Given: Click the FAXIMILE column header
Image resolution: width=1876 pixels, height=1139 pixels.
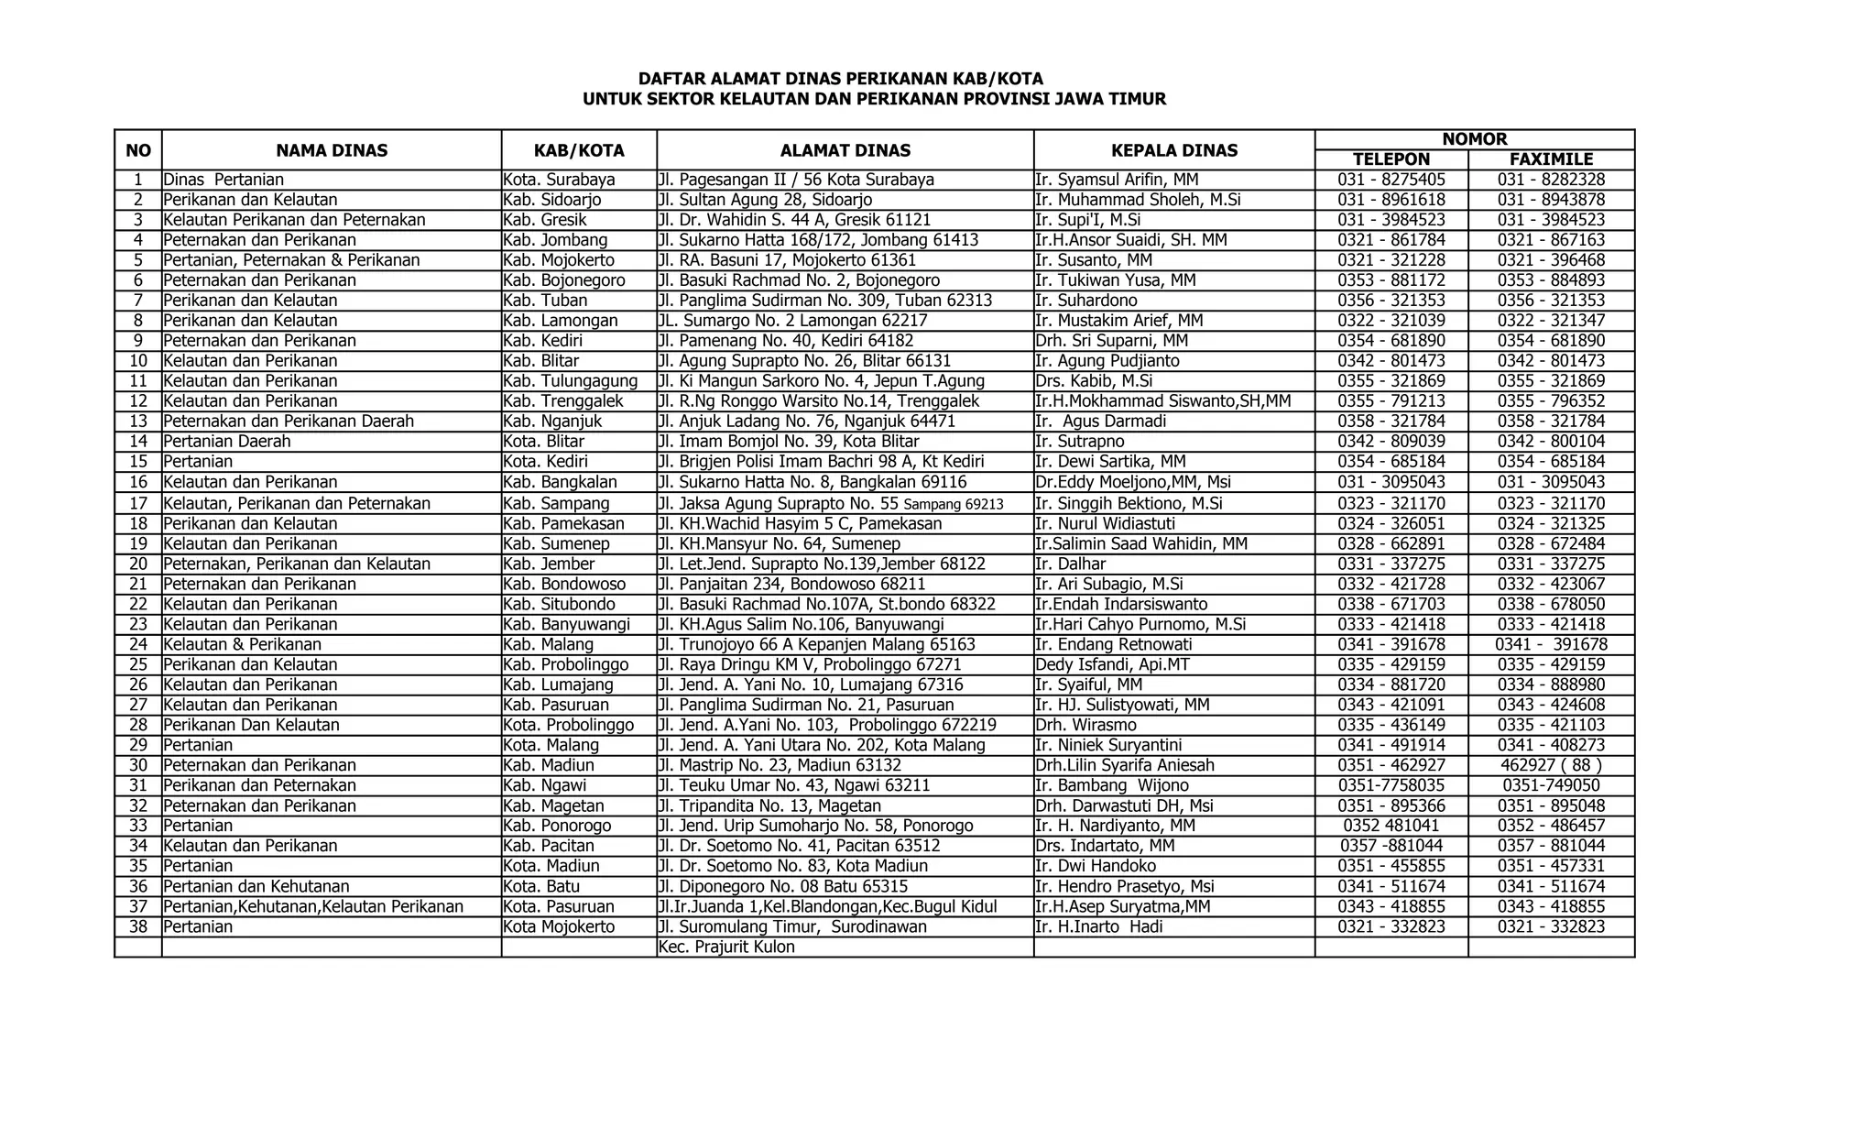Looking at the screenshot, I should (x=1551, y=159).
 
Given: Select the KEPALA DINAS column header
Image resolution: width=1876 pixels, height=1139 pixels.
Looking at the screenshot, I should (x=1174, y=150).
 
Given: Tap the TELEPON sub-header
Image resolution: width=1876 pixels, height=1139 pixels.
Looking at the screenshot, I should (x=1391, y=159).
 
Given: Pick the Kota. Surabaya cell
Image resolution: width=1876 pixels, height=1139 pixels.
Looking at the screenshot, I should (x=559, y=180).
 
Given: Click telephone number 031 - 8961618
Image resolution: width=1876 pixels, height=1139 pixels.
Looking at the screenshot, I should (x=1391, y=200).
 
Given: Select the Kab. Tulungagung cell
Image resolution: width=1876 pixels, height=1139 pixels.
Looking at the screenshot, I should (x=570, y=381).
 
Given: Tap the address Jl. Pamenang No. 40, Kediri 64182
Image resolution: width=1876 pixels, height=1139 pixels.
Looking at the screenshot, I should (x=785, y=341).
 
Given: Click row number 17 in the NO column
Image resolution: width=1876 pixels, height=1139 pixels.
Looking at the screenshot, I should (x=138, y=503).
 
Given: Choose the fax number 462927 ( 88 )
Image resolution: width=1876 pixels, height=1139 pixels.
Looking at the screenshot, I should (x=1551, y=765).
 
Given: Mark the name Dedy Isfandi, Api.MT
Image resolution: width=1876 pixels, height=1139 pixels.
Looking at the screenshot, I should (x=1112, y=664).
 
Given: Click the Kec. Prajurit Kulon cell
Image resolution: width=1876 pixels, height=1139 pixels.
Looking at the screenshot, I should (x=726, y=947).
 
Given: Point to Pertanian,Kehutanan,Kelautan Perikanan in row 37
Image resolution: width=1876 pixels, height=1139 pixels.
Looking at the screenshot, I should (x=313, y=906).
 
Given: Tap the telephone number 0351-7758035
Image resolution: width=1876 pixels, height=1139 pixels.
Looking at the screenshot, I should (x=1391, y=785).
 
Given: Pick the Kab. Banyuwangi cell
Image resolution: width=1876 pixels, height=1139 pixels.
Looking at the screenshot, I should (x=566, y=624).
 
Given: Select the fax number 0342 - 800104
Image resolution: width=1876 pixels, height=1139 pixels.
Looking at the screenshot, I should (x=1551, y=442).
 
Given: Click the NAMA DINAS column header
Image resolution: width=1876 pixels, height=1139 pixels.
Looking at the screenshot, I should (x=332, y=150).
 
